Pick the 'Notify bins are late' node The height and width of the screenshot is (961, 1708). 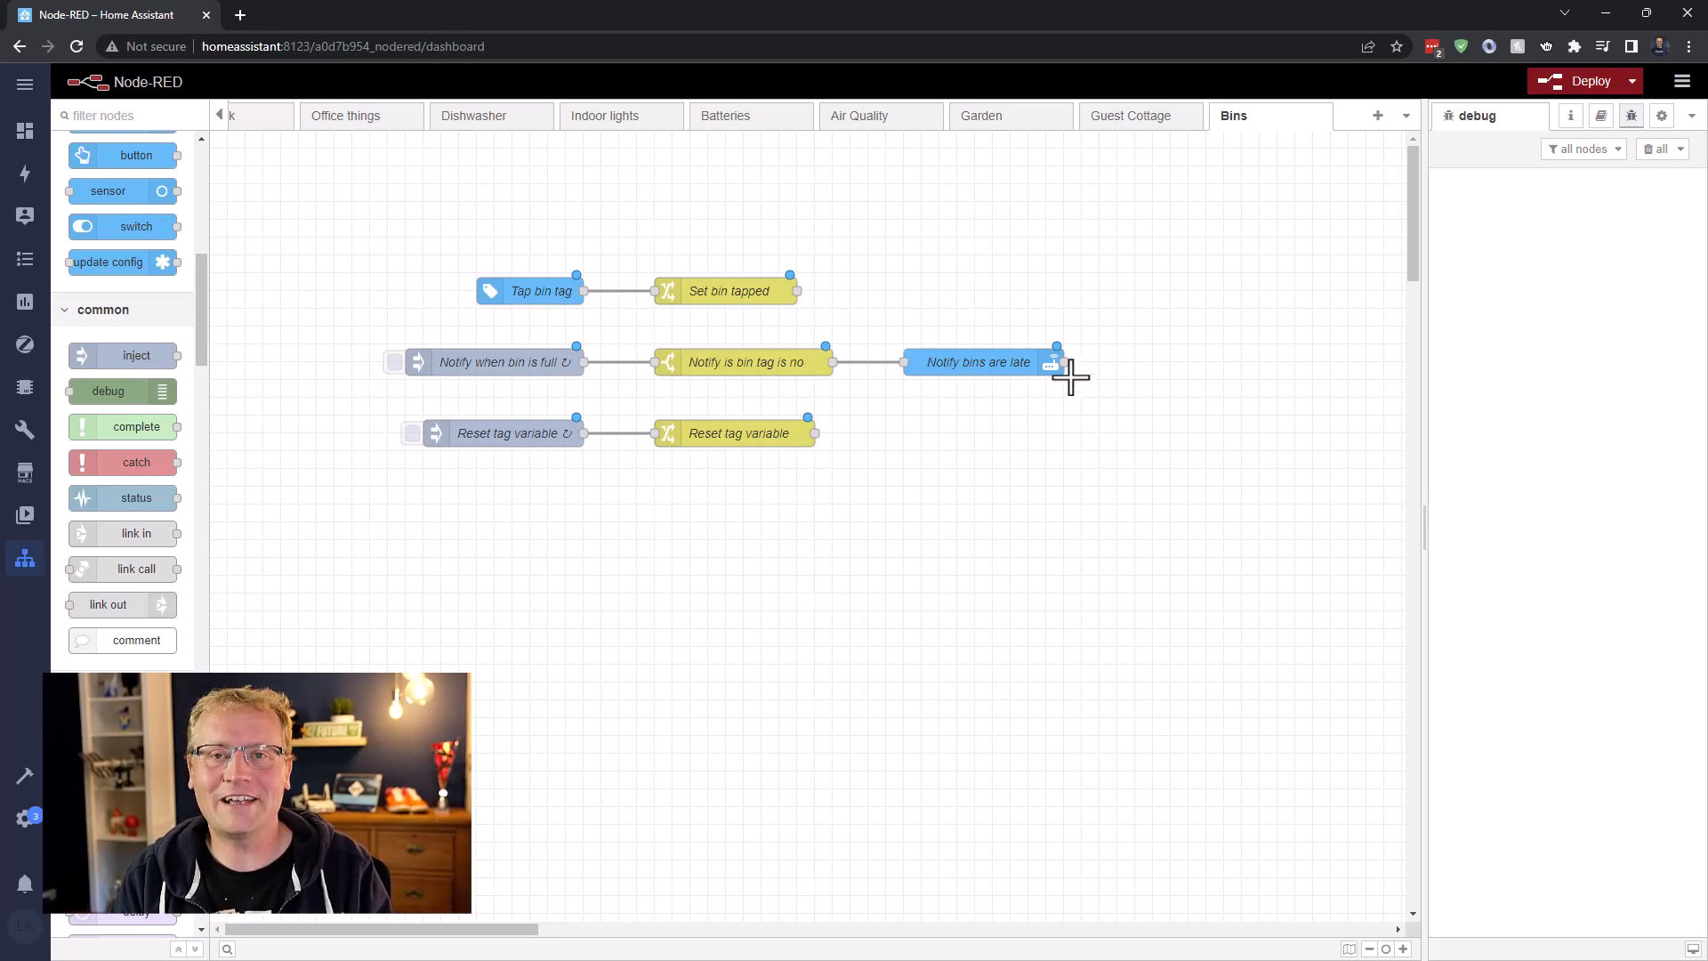[977, 362]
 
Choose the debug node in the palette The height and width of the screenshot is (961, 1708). [122, 392]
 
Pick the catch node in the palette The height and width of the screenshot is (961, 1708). [122, 463]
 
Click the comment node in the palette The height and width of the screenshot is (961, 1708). [122, 641]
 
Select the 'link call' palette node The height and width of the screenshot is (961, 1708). [122, 569]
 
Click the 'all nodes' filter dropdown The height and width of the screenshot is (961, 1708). [1583, 149]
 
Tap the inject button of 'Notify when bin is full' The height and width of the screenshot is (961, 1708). [394, 362]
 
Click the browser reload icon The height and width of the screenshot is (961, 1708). [77, 46]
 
